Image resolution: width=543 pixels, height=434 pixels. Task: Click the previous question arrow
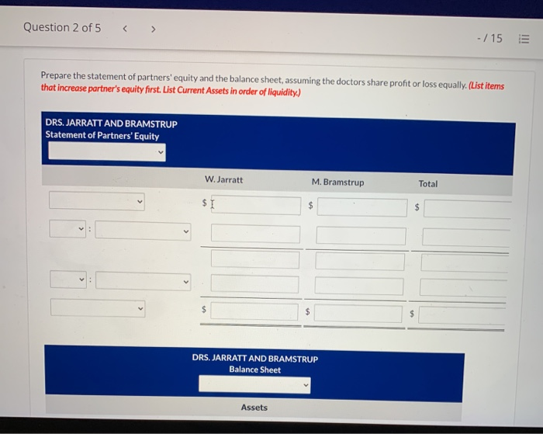pos(126,29)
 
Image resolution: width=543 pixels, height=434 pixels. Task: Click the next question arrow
pos(154,29)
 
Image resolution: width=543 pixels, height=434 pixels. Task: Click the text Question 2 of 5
pos(62,27)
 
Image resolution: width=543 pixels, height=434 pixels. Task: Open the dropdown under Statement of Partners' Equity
pos(106,152)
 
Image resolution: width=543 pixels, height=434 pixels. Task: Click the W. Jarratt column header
pos(223,179)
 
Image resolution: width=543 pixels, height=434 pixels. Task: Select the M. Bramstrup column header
pos(337,182)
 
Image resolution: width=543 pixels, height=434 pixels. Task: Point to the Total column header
pos(427,184)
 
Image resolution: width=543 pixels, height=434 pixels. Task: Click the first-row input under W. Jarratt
pos(255,205)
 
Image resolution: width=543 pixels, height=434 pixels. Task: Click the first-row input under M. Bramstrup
pos(361,207)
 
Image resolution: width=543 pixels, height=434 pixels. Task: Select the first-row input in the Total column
pos(467,208)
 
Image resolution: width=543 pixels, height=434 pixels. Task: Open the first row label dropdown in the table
pos(97,201)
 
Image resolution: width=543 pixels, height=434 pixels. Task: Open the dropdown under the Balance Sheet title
pos(254,384)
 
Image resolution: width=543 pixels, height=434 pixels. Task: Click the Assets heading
pos(254,408)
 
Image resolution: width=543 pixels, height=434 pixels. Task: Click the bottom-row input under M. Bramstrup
pos(359,313)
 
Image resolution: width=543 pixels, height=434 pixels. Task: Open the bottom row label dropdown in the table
pos(97,307)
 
